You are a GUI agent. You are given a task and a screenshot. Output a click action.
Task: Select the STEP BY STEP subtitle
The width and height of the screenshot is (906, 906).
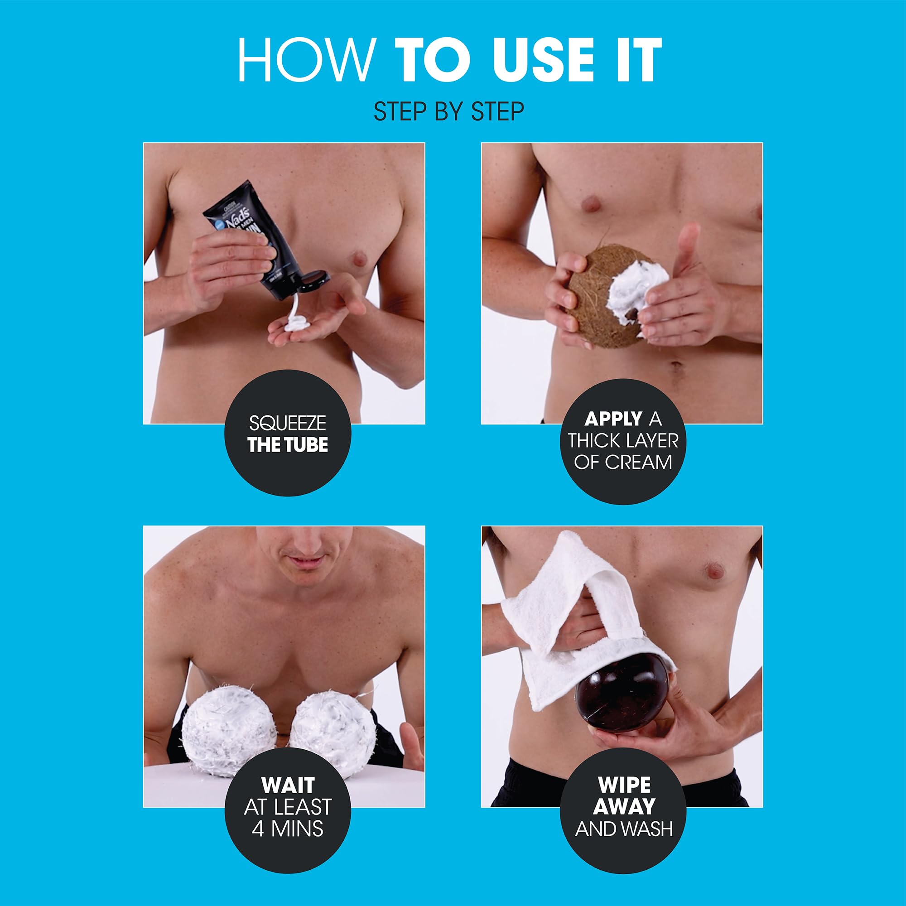click(449, 111)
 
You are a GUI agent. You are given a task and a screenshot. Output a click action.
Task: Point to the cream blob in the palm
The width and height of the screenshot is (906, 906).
click(295, 323)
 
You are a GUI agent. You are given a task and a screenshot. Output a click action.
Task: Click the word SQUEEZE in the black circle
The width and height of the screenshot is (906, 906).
click(288, 424)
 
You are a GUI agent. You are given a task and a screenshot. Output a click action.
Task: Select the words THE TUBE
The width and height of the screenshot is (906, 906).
click(288, 445)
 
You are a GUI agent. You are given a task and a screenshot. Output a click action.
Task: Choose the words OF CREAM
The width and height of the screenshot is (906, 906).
click(623, 463)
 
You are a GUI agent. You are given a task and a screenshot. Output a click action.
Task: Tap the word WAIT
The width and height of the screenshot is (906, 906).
click(288, 785)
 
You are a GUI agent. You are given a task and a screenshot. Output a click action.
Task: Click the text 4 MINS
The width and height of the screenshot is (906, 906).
click(288, 829)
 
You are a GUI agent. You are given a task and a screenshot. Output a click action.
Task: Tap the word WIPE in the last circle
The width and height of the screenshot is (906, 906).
click(624, 785)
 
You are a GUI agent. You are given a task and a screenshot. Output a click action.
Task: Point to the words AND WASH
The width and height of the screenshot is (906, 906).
click(624, 829)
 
